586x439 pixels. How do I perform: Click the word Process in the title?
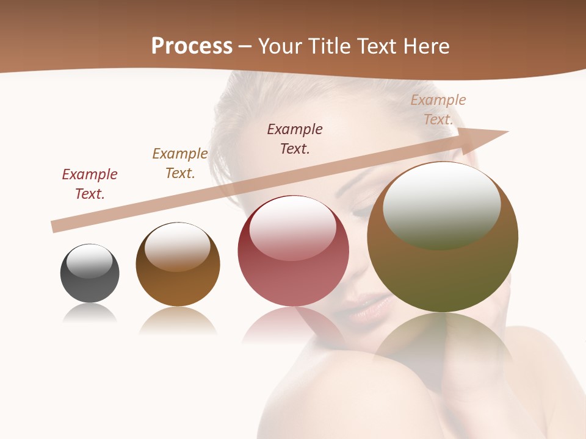tap(192, 46)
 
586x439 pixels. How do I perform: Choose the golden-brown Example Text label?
tap(180, 163)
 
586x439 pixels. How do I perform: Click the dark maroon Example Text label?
tap(295, 138)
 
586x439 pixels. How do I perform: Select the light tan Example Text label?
tap(438, 110)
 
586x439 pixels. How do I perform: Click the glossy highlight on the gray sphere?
tap(89, 261)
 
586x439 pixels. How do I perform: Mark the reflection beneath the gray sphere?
tap(90, 313)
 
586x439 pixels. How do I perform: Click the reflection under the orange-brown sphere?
tap(178, 320)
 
